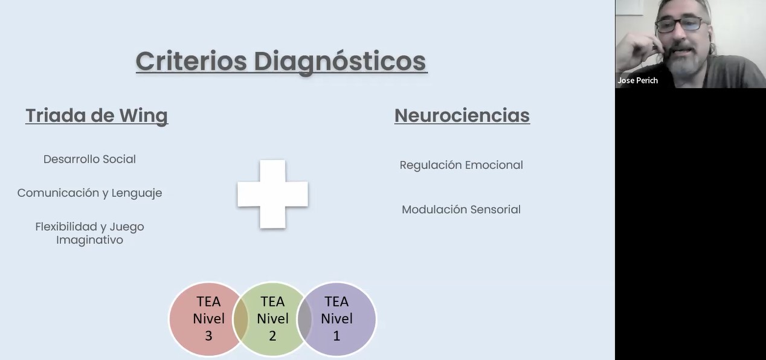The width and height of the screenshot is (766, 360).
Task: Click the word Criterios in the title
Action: (191, 61)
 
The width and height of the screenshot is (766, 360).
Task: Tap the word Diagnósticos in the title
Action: (340, 61)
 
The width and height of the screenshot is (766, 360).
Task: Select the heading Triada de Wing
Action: (97, 115)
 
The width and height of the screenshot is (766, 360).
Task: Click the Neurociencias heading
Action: (462, 115)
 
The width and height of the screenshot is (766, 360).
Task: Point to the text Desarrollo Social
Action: (89, 159)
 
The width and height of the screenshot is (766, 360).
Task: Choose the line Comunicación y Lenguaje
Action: (89, 193)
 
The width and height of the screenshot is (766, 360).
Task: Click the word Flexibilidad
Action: (66, 227)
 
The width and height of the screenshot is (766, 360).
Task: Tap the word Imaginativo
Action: (89, 240)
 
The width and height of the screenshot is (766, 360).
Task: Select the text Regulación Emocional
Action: (461, 165)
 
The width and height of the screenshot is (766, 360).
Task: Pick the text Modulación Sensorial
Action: (461, 210)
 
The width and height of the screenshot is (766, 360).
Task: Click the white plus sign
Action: (272, 194)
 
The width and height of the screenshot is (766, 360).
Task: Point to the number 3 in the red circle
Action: (208, 336)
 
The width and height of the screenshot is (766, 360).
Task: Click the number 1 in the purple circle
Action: (336, 336)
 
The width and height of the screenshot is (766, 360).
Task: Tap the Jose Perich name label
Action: (637, 80)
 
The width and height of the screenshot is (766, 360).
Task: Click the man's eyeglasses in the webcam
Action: (680, 25)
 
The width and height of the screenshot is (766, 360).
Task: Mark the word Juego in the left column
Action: (126, 227)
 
